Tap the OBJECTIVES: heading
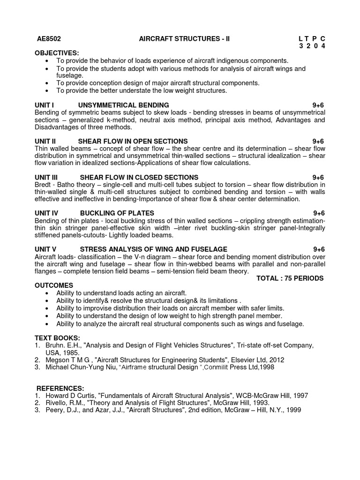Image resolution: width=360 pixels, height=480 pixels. coord(57,53)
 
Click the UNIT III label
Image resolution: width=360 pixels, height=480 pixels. coord(46,178)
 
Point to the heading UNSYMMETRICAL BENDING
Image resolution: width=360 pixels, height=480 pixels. coord(123,105)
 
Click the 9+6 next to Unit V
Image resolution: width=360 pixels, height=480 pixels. coord(319,249)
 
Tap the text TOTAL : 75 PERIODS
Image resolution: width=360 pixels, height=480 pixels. coord(290,278)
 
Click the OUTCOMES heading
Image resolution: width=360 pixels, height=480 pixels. coord(54,285)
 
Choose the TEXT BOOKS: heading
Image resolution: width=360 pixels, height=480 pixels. coord(57,338)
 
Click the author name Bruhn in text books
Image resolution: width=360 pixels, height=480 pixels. coord(55,345)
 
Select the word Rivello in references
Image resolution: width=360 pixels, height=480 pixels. coord(57,403)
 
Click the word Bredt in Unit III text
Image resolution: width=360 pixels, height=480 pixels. coord(43,185)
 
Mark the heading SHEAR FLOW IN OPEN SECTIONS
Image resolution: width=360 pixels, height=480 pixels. coord(133,142)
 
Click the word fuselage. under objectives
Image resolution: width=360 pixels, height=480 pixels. coord(70,75)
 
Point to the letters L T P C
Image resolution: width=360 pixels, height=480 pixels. coord(311,38)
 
